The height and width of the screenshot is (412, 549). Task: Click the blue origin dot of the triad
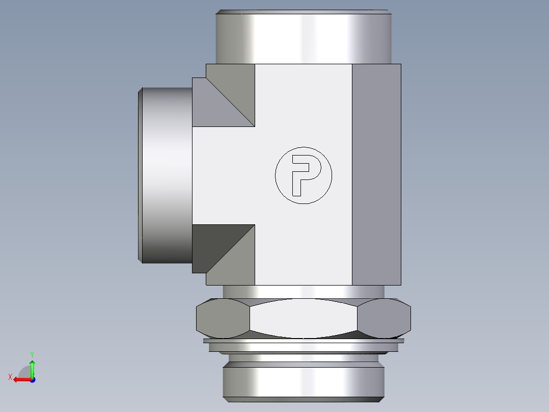[x=32, y=379]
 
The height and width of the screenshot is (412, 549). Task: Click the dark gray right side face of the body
[x=376, y=173]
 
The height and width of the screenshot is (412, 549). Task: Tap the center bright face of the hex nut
[x=304, y=319]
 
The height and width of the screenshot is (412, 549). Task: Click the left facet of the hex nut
[x=222, y=319]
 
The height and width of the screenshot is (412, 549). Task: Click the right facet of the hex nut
[x=385, y=319]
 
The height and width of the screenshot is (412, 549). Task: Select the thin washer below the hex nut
[x=304, y=341]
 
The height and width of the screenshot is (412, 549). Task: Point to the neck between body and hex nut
[x=304, y=291]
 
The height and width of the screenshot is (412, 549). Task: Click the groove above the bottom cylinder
[x=304, y=358]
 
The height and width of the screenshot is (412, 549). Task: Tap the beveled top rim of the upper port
[x=304, y=12]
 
